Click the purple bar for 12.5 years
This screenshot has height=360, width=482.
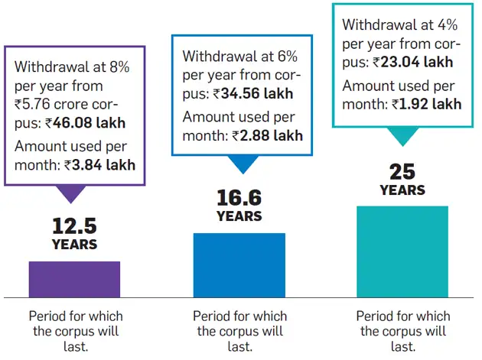pos(74,279)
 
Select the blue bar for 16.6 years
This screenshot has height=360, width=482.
pos(239,264)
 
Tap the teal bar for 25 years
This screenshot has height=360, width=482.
pos(403,251)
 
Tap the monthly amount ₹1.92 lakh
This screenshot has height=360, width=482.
pos(426,103)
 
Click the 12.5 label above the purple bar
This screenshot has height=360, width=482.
pos(74,225)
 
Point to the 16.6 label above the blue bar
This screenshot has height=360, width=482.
pos(239,198)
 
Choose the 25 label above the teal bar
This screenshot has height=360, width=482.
pos(402,170)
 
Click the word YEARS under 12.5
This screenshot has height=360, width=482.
pos(74,245)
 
